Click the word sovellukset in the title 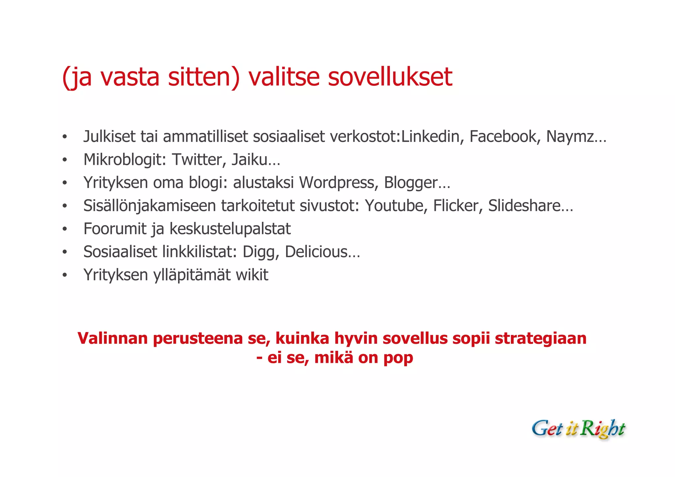tap(390, 77)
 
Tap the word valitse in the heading tap(284, 77)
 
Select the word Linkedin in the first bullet tap(430, 136)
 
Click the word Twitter tap(199, 160)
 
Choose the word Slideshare tap(524, 206)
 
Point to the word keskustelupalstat tap(230, 229)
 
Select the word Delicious tap(316, 252)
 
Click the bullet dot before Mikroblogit tap(65, 160)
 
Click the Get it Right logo tap(578, 429)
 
